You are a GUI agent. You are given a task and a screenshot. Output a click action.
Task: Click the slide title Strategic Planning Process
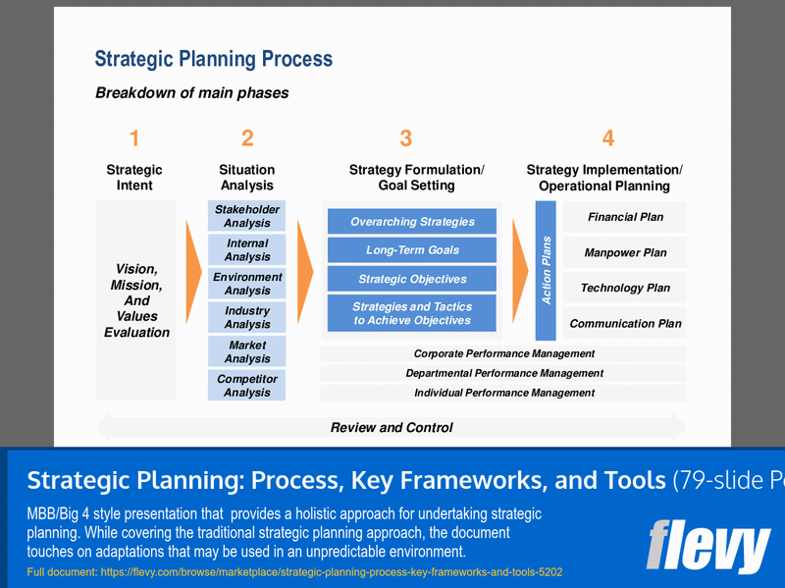click(213, 60)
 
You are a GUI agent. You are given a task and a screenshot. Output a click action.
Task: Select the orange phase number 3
click(405, 139)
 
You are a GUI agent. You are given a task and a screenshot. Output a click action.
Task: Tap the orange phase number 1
click(134, 139)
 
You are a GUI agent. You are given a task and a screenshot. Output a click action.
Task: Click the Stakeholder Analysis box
click(246, 216)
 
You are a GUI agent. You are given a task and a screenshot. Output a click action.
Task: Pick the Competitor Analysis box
click(246, 386)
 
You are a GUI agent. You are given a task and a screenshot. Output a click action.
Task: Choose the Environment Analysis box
click(246, 284)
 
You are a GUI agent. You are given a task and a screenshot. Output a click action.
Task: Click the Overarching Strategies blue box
click(412, 222)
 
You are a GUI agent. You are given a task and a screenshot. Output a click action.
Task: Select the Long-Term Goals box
click(412, 250)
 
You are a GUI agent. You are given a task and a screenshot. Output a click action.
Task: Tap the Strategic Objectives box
click(412, 279)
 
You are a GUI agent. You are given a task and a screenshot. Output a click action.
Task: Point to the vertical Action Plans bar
click(547, 270)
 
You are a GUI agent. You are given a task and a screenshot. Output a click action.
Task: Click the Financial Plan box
click(625, 217)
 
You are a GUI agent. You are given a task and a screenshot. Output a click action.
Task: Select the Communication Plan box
click(625, 323)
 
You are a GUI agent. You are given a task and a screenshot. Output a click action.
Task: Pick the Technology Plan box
click(625, 288)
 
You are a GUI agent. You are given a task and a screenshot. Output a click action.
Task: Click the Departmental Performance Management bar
click(504, 373)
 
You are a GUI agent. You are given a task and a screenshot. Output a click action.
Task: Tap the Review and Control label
click(392, 427)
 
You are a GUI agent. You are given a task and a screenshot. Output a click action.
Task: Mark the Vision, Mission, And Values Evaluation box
click(136, 300)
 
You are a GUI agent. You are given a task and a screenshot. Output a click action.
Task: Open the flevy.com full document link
click(294, 571)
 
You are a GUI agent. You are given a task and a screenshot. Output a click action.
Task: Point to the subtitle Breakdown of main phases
click(191, 93)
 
